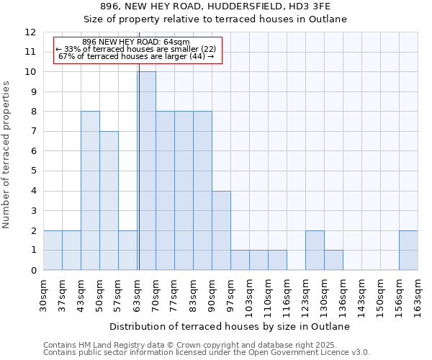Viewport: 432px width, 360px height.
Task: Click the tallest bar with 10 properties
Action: click(x=146, y=171)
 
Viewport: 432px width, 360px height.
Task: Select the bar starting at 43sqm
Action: click(x=90, y=191)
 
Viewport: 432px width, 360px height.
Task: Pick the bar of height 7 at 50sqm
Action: click(x=109, y=200)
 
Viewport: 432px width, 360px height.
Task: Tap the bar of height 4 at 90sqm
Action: click(x=221, y=230)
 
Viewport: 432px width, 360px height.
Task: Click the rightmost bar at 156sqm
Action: click(x=408, y=250)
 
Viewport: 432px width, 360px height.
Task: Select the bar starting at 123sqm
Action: click(x=315, y=250)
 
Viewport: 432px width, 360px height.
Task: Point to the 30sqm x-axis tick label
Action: click(x=43, y=294)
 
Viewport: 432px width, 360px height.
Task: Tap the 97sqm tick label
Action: click(x=230, y=294)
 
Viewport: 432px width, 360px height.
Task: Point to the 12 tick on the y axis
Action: click(x=30, y=32)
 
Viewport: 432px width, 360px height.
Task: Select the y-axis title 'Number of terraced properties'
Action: click(x=7, y=154)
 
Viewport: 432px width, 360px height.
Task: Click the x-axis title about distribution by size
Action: click(x=230, y=326)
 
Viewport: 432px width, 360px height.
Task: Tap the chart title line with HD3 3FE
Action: click(x=216, y=6)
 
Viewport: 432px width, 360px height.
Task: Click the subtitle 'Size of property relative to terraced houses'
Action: click(x=216, y=19)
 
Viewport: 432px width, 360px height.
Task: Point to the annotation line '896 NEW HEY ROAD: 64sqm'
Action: click(x=136, y=42)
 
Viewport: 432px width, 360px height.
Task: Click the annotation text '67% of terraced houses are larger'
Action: click(x=136, y=56)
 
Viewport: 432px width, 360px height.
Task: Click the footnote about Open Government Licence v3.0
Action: click(x=207, y=353)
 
